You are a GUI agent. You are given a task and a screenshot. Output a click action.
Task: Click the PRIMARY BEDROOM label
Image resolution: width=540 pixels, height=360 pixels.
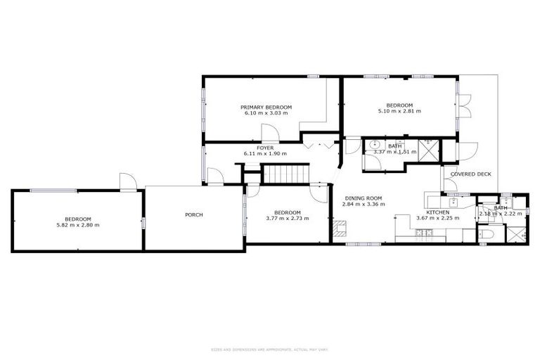coord(267,107)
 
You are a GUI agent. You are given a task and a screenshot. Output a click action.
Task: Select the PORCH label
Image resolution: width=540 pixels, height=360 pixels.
coord(194,214)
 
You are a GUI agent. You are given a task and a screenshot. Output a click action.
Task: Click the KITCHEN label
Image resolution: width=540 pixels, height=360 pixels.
coord(437,212)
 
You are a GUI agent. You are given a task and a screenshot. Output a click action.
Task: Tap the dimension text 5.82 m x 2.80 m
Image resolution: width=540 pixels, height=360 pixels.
coord(78,225)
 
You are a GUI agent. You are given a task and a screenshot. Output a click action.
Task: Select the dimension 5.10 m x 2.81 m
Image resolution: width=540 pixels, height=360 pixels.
coord(399,111)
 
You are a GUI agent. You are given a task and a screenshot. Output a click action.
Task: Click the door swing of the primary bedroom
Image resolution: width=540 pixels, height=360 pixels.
coord(269,132)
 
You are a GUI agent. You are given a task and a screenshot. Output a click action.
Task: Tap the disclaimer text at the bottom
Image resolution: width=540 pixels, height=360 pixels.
coord(269,349)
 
